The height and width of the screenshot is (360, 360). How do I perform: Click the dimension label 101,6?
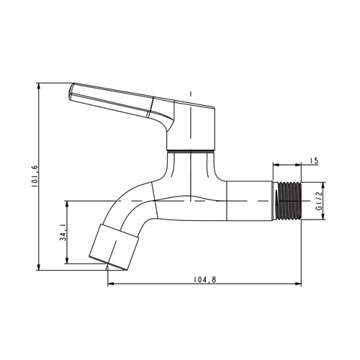(x=34, y=176)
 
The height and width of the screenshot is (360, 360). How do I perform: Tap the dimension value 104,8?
(x=205, y=279)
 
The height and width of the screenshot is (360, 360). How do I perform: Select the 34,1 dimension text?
(x=63, y=232)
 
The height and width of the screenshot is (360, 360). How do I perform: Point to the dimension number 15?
(x=313, y=161)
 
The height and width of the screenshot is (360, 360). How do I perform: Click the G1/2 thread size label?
(x=319, y=201)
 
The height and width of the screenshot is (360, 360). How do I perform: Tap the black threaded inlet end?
(x=289, y=201)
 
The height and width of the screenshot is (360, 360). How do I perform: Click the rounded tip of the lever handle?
(x=71, y=92)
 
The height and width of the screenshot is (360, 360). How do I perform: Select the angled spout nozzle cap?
(x=114, y=247)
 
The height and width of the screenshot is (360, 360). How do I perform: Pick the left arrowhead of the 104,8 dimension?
(x=111, y=284)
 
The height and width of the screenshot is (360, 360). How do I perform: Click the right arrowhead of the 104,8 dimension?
(x=298, y=284)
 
